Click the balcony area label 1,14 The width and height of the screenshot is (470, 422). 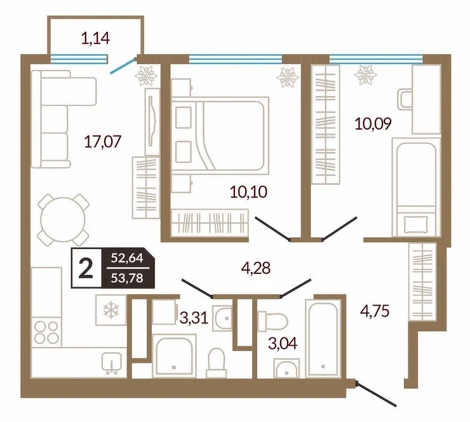(96, 39)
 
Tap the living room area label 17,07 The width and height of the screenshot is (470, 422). (103, 142)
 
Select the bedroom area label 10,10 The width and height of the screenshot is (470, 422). (248, 192)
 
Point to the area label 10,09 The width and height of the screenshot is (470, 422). (373, 123)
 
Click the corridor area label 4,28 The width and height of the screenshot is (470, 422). (256, 268)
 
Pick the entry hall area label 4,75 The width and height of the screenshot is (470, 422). (375, 311)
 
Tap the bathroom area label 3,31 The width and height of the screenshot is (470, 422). (194, 318)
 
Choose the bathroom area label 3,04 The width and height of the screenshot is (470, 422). (283, 343)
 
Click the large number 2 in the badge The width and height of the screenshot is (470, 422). (86, 268)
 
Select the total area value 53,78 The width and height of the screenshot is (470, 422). (127, 278)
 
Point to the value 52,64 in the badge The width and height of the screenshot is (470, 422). (127, 258)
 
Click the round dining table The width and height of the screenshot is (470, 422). (64, 219)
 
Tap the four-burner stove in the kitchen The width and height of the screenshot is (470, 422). (46, 333)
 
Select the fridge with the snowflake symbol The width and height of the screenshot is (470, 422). (111, 310)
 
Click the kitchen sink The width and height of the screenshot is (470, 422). (112, 364)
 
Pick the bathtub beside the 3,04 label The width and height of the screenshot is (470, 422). (323, 338)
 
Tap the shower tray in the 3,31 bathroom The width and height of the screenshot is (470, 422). (174, 356)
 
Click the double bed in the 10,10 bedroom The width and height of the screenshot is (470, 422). (220, 135)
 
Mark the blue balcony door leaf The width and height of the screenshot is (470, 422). (123, 66)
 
